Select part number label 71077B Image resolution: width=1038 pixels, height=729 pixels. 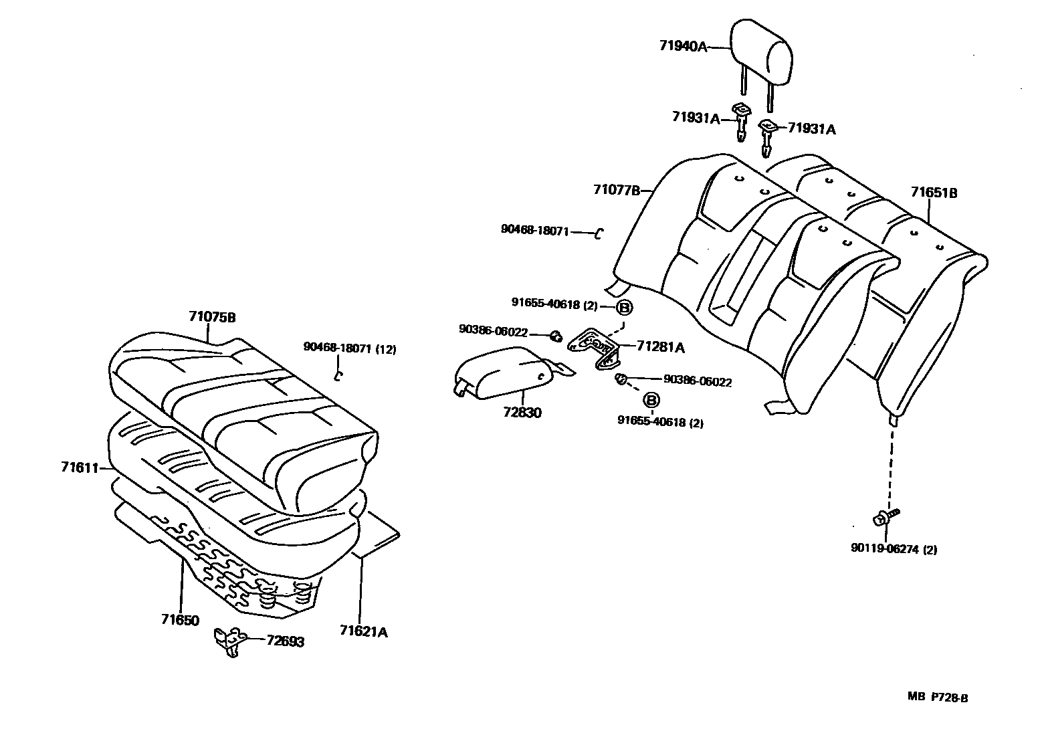tap(616, 190)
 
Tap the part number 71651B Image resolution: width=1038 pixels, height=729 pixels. tap(934, 193)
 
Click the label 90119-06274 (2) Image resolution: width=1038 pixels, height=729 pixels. tap(894, 550)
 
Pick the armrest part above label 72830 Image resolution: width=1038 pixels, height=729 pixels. tap(505, 371)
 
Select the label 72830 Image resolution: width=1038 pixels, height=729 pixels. tap(522, 412)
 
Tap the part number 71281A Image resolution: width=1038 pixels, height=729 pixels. tap(660, 346)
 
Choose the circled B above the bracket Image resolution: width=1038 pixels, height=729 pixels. tap(623, 308)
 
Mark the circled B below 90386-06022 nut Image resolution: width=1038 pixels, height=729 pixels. tap(651, 400)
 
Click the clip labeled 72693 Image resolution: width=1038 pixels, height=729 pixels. tap(227, 641)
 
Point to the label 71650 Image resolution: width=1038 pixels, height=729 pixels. tap(180, 620)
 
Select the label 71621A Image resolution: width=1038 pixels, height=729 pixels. tap(363, 631)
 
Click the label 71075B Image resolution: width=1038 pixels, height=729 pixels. tap(212, 316)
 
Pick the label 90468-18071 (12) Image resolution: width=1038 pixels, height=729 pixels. tap(349, 347)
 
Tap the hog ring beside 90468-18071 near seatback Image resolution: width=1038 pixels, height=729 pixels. tap(599, 233)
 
